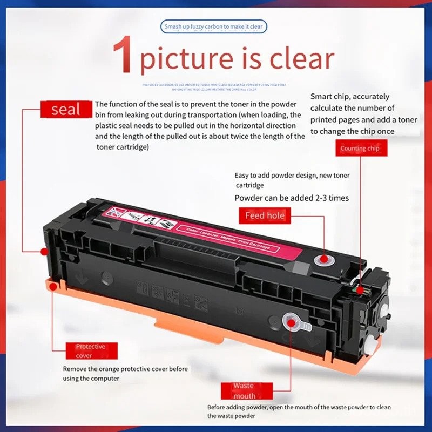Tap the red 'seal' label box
[65, 110]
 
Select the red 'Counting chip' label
[360, 148]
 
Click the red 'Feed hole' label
[265, 215]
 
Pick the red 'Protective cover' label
[90, 351]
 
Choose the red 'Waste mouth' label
[243, 390]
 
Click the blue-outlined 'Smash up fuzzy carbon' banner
[214, 26]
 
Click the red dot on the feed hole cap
[323, 259]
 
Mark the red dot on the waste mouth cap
[291, 322]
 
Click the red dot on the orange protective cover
[52, 287]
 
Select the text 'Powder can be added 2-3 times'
[292, 198]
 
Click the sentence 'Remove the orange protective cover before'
[125, 369]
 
